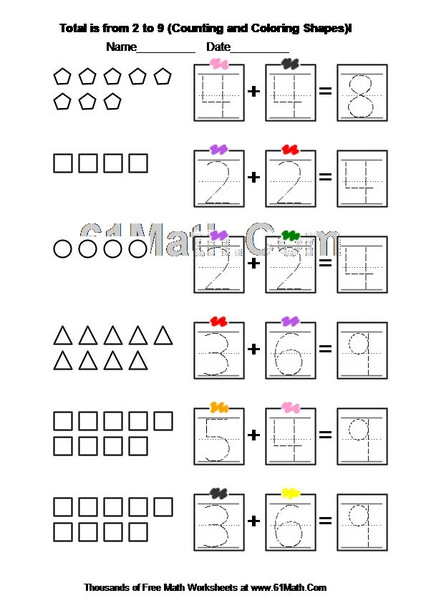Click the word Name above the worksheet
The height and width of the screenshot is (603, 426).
pyautogui.click(x=121, y=47)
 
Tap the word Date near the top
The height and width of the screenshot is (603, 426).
pyautogui.click(x=218, y=47)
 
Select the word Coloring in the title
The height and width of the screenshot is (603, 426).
pyautogui.click(x=275, y=29)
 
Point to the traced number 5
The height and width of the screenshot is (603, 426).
pyautogui.click(x=218, y=440)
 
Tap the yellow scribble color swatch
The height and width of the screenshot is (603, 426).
pyautogui.click(x=291, y=493)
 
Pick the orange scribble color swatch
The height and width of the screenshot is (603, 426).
pyautogui.click(x=219, y=407)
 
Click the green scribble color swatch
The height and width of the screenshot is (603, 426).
pyautogui.click(x=291, y=235)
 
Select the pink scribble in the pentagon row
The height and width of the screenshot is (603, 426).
pyautogui.click(x=219, y=64)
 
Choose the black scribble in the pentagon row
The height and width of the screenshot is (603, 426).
pyautogui.click(x=291, y=64)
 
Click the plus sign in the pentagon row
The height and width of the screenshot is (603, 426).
pyautogui.click(x=253, y=91)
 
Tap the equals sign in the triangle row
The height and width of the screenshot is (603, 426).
pyautogui.click(x=325, y=349)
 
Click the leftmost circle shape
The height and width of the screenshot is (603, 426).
pyautogui.click(x=62, y=249)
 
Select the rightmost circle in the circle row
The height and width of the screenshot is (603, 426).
pyautogui.click(x=137, y=249)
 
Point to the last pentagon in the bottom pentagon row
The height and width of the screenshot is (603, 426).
pyautogui.click(x=112, y=102)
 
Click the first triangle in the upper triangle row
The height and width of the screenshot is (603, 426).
pyautogui.click(x=63, y=336)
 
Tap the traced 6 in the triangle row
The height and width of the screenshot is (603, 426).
pyautogui.click(x=289, y=354)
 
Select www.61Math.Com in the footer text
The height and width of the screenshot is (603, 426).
pyautogui.click(x=289, y=588)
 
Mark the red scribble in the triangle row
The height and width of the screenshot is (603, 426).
pyautogui.click(x=219, y=321)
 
